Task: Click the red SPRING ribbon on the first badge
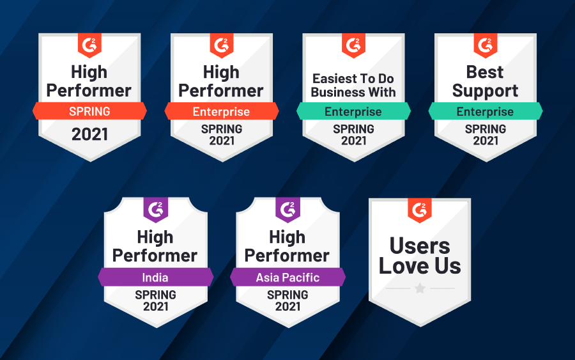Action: [89, 111]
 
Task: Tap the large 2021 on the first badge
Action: [90, 134]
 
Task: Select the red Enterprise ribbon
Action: [222, 111]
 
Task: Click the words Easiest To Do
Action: [353, 79]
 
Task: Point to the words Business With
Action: [353, 92]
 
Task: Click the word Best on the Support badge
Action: [485, 72]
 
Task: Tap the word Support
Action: [485, 91]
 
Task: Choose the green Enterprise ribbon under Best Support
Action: [486, 111]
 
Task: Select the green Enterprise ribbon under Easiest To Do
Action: [353, 111]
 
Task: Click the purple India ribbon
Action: [155, 277]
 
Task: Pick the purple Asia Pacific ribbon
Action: [288, 277]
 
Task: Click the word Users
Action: [420, 246]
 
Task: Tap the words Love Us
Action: [420, 266]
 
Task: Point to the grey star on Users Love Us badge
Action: [420, 288]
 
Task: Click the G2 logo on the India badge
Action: [155, 210]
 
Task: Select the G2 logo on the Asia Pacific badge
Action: [288, 210]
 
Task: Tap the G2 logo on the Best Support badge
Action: [486, 45]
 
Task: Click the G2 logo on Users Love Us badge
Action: [420, 210]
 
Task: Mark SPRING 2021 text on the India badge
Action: [155, 301]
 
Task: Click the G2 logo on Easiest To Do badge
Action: [353, 45]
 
